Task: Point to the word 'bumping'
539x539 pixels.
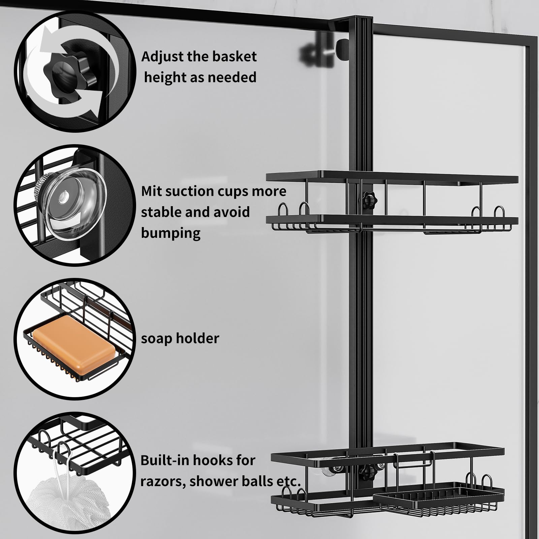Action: click(x=171, y=233)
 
